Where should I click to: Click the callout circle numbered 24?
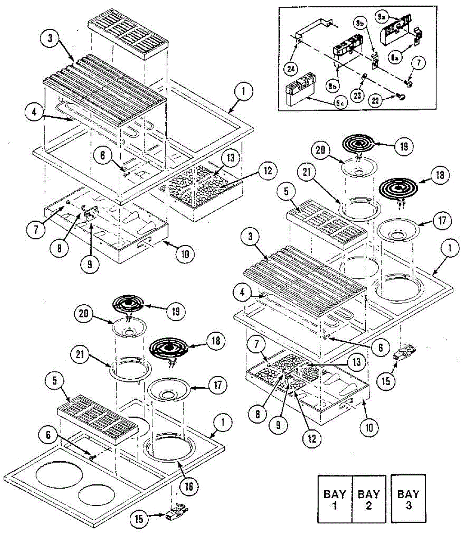point(291,69)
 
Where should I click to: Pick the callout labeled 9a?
point(382,17)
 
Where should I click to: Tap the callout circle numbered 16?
point(189,486)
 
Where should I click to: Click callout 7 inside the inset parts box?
point(417,63)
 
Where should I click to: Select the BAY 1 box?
point(335,499)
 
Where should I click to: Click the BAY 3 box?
point(408,499)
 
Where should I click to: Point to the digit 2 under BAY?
point(369,506)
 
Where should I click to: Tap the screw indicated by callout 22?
point(401,96)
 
